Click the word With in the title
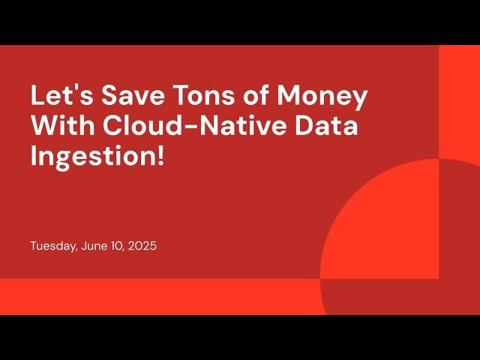pyautogui.click(x=61, y=127)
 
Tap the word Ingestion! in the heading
pyautogui.click(x=97, y=157)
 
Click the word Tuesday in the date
pyautogui.click(x=52, y=246)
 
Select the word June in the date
pyautogui.click(x=90, y=246)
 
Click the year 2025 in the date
pyautogui.click(x=142, y=246)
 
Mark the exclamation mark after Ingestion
pyautogui.click(x=160, y=157)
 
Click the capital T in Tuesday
pyautogui.click(x=34, y=246)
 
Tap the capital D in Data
pyautogui.click(x=307, y=127)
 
